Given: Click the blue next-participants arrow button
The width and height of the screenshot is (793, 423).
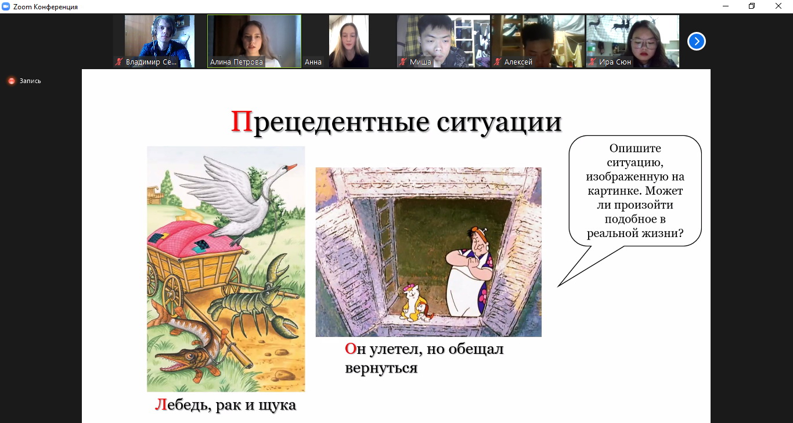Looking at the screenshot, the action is click(x=697, y=41).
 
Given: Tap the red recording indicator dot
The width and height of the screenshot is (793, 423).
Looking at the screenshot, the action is click(x=12, y=81).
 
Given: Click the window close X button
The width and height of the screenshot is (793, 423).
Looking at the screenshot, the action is click(x=778, y=6).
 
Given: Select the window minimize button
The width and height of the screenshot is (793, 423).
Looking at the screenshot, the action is click(x=726, y=6).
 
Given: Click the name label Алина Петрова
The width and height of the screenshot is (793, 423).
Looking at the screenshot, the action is click(x=236, y=62).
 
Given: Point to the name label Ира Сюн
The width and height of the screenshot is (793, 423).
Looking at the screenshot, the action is click(x=615, y=62).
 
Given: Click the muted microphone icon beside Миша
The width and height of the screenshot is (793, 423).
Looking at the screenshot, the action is click(x=402, y=62).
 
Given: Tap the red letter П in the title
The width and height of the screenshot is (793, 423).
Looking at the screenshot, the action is click(x=241, y=121).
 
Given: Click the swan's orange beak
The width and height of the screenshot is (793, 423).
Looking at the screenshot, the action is click(x=291, y=167).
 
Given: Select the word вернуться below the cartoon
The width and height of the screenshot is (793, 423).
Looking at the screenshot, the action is click(x=381, y=368).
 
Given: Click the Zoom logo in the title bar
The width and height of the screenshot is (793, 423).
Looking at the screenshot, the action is click(x=6, y=6).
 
